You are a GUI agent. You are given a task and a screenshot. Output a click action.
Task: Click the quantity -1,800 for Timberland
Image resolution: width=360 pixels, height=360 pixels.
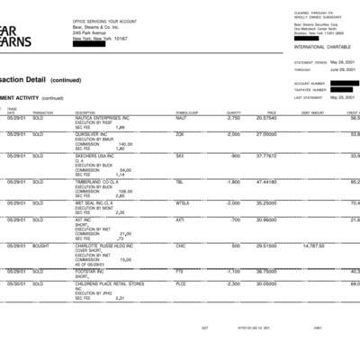(232, 181)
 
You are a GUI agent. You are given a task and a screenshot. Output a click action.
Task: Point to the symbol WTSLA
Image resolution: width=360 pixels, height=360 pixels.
(184, 202)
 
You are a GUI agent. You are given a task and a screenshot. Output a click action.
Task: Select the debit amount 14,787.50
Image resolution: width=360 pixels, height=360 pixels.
(313, 245)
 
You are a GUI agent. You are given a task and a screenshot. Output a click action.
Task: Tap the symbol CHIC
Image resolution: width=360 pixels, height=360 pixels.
(181, 245)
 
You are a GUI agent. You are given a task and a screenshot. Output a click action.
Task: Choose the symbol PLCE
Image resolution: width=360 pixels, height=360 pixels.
(181, 284)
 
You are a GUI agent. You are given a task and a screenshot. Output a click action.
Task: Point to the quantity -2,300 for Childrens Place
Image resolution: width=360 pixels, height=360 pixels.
(232, 284)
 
